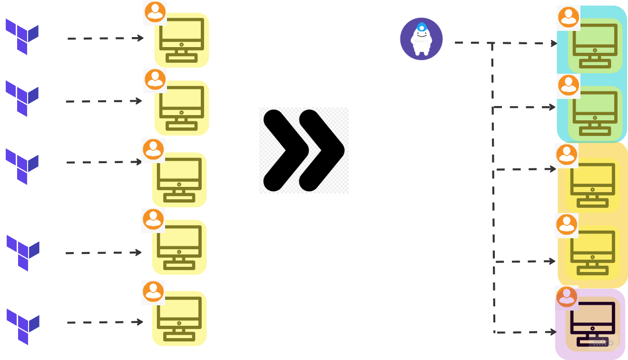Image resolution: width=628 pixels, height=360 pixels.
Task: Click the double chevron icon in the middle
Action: click(304, 150)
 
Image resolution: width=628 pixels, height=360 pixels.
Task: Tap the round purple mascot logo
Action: click(421, 39)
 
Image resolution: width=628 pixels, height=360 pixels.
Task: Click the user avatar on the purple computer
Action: click(566, 297)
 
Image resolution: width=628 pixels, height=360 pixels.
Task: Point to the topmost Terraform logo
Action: click(22, 37)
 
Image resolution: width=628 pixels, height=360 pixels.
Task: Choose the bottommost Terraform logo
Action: click(23, 326)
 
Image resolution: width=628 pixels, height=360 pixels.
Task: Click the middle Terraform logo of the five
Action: click(22, 166)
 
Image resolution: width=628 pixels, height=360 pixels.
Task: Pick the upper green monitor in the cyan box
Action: click(595, 46)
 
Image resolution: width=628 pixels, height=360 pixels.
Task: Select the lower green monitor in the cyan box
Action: click(595, 113)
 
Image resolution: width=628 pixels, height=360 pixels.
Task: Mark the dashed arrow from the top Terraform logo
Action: click(105, 38)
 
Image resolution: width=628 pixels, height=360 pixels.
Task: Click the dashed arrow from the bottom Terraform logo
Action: click(105, 322)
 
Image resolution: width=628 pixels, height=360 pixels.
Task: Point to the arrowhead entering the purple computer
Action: click(553, 332)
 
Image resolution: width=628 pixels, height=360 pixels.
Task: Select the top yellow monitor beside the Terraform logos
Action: click(181, 40)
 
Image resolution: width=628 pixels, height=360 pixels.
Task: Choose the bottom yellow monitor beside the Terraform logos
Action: click(179, 319)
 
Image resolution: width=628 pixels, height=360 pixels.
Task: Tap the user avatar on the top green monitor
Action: click(568, 18)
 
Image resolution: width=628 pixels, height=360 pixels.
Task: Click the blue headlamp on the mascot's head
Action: click(421, 27)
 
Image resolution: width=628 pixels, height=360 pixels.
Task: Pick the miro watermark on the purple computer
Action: click(603, 342)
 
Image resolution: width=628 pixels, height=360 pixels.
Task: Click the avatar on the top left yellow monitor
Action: click(155, 12)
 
